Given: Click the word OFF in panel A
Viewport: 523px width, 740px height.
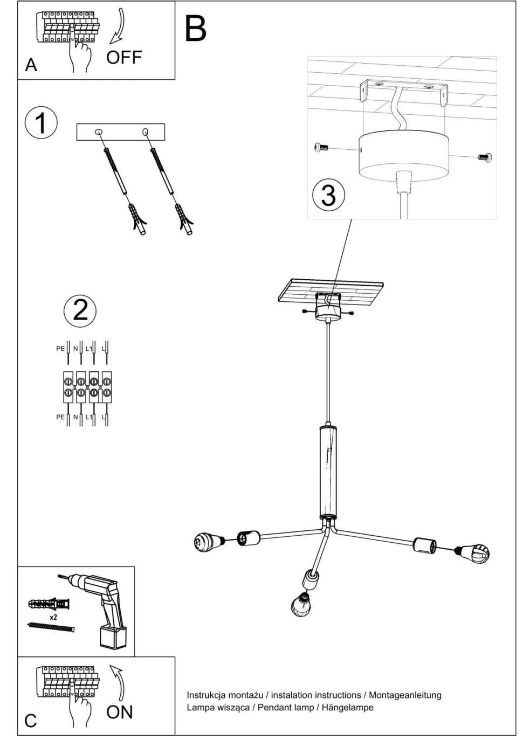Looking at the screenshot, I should pos(123,57).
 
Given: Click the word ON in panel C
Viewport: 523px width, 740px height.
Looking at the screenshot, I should pos(119,712).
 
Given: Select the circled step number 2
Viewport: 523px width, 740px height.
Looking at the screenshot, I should pos(80,310).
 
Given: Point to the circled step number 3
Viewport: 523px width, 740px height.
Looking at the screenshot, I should pos(328,194).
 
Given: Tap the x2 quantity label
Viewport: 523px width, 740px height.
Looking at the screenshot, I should pos(53,617).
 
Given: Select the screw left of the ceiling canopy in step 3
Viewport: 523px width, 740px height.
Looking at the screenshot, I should pos(320,147).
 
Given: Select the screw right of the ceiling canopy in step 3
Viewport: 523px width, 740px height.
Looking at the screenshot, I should pos(485,157).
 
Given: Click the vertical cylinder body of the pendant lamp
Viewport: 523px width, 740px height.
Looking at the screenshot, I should pos(328,469).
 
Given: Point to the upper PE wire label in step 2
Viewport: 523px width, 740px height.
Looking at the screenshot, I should pos(60,349).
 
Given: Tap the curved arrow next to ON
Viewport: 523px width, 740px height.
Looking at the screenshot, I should pos(119,682).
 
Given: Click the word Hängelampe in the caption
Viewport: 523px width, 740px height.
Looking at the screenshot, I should pos(347,707).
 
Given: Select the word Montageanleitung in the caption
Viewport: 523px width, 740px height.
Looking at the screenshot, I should pos(405,695).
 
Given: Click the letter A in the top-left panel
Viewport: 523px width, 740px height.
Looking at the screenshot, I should pos(31,65).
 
